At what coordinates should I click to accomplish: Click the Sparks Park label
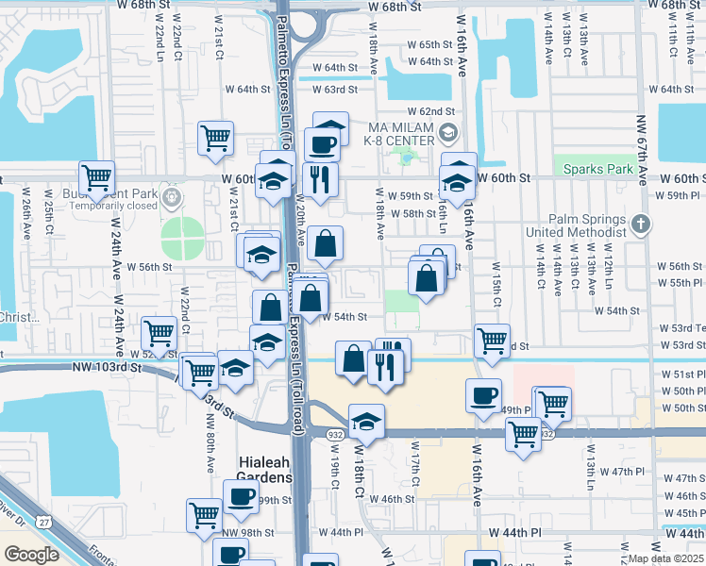(597, 170)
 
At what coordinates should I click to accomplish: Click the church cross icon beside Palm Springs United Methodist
(641, 224)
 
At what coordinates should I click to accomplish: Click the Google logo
(30, 555)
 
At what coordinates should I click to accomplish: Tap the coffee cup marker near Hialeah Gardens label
(240, 497)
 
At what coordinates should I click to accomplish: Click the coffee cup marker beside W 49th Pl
(484, 396)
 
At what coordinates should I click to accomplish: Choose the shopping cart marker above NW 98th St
(205, 516)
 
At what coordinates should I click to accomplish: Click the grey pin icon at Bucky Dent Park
(170, 198)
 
